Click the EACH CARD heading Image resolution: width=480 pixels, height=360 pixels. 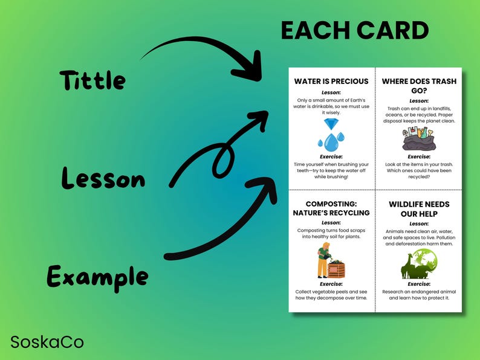354,31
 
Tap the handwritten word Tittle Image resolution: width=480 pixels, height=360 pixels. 92,80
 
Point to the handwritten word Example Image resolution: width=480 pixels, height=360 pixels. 97,277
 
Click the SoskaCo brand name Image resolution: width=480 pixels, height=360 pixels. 47,342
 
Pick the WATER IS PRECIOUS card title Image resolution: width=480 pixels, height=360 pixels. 331,82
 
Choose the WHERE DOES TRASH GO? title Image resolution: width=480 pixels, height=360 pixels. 419,86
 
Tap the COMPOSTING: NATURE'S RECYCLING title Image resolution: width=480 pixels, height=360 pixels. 331,208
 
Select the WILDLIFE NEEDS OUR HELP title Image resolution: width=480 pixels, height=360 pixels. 419,208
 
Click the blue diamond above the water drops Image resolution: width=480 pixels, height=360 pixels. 331,124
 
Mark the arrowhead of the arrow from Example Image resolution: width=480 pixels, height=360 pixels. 261,184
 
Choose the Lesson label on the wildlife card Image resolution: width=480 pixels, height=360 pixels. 419,223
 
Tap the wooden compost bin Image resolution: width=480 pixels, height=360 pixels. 336,268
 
